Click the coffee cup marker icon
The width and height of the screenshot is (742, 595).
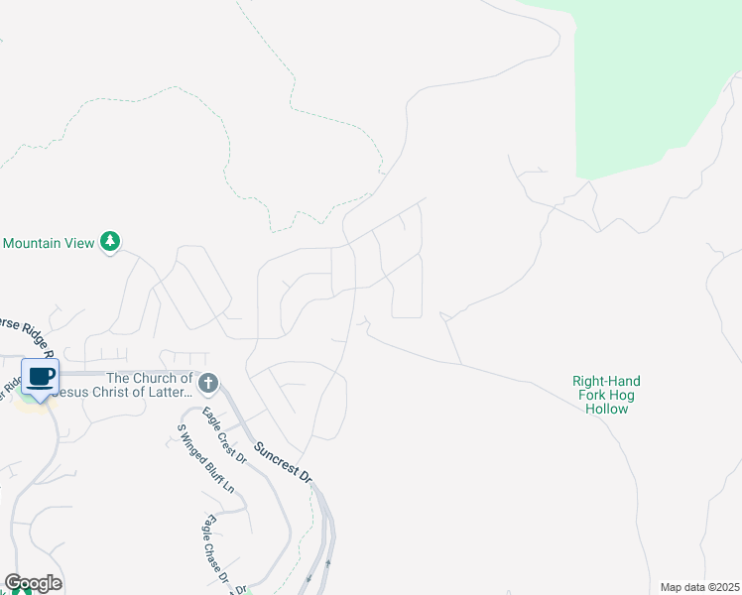pos(41,377)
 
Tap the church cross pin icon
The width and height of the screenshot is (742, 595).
pos(208,383)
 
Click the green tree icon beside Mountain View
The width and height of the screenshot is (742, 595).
pos(111,242)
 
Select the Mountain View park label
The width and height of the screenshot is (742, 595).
pos(49,243)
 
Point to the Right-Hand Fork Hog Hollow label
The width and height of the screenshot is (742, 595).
pos(606,395)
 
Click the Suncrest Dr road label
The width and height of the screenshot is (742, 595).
pos(284,463)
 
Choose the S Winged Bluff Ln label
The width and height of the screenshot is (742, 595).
pos(205,459)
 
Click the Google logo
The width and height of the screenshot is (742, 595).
pos(33,583)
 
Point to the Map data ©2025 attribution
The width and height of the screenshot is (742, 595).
pos(698,587)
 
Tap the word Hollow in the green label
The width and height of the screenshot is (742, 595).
pos(606,409)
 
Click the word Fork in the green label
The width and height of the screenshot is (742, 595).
pos(592,395)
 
